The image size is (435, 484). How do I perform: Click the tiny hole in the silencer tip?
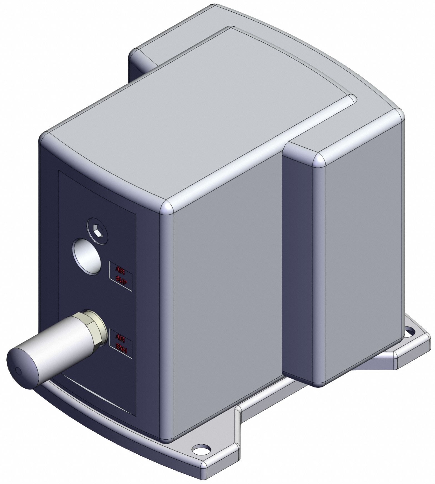click(x=18, y=370)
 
